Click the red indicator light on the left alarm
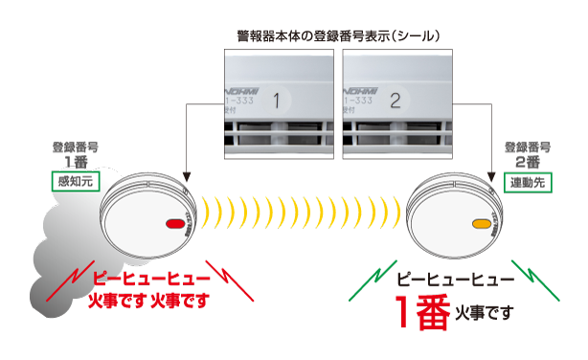(x=175, y=224)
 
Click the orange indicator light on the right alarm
(x=481, y=224)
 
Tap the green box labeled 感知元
(x=75, y=182)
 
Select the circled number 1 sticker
(x=278, y=100)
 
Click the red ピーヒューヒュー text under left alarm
(x=144, y=280)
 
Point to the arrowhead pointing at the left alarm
(x=190, y=177)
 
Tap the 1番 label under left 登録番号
(x=75, y=163)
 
